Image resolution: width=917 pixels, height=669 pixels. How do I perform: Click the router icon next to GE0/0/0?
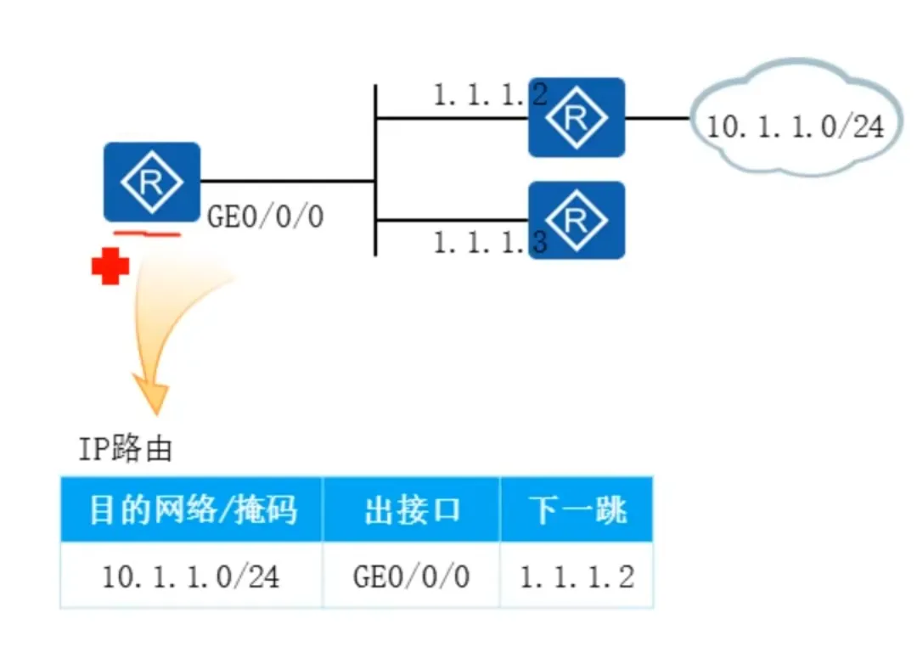152,181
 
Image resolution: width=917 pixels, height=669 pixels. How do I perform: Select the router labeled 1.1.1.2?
577,118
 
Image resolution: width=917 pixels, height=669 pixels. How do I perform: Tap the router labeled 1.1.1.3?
577,220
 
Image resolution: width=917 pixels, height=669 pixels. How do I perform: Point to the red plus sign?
110,267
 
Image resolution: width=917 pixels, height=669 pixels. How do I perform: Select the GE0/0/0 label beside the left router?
266,217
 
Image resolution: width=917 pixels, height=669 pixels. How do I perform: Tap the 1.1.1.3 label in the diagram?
489,243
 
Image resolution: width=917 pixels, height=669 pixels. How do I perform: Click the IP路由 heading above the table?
125,448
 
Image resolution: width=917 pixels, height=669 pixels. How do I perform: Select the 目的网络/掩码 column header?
192,510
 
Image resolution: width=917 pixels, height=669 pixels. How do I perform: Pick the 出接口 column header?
412,510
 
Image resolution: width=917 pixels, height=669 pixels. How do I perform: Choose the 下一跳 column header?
577,510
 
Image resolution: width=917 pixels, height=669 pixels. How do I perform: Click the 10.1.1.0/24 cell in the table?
191,577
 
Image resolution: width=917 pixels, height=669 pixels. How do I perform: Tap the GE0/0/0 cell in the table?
411,577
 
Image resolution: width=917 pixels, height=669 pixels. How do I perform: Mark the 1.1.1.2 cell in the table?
577,577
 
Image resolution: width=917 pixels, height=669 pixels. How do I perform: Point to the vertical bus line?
374,153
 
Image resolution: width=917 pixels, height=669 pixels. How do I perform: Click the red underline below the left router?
148,232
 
